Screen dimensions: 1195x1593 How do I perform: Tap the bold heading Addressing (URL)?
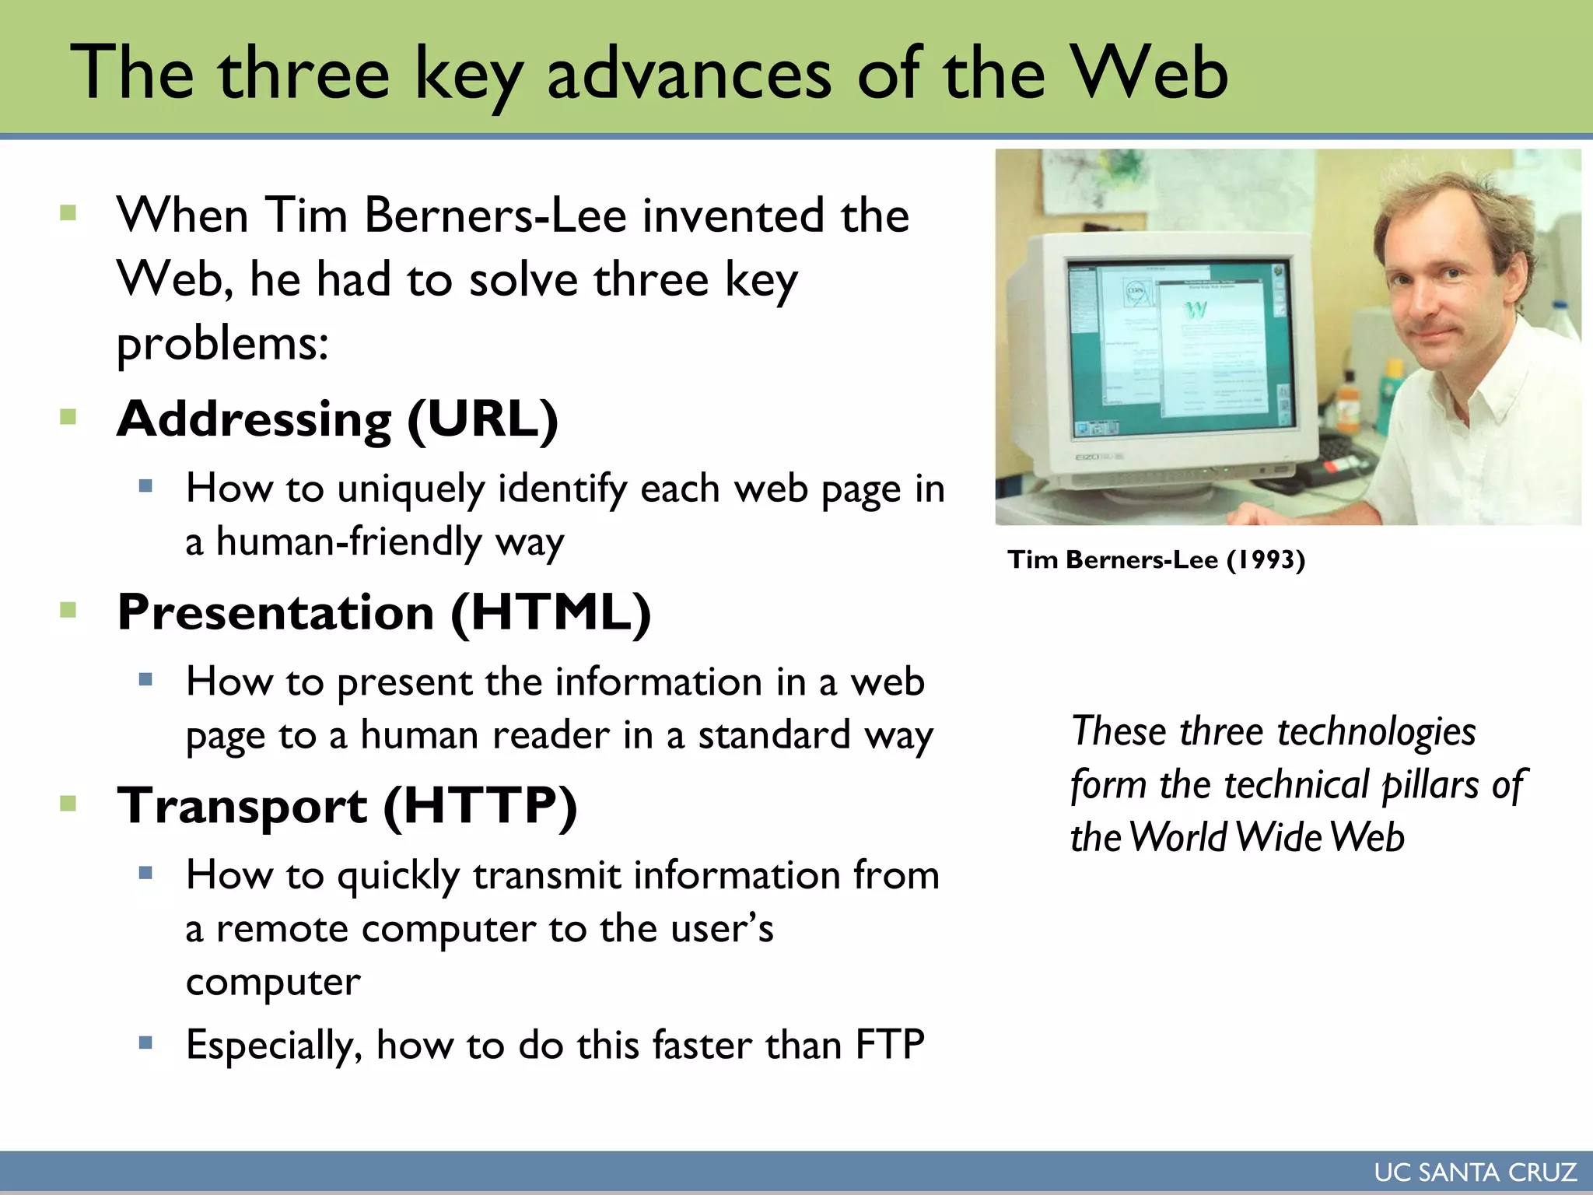pos(337,419)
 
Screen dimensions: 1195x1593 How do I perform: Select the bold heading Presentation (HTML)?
pos(383,612)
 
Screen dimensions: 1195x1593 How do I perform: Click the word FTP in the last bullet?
pos(890,1045)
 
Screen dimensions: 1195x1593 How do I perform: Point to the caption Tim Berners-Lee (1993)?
pos(1156,559)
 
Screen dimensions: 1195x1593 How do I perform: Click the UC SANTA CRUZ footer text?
pos(1475,1172)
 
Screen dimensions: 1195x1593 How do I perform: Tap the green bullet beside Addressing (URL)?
pos(68,417)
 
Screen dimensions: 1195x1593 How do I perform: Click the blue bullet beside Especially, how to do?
pos(145,1043)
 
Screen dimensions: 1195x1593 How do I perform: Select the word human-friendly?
pos(349,541)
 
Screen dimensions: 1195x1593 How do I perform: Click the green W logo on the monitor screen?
pos(1196,310)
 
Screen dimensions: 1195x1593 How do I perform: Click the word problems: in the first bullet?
pos(222,343)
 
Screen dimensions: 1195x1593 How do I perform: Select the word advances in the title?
pos(689,74)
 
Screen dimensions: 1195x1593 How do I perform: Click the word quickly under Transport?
pos(397,877)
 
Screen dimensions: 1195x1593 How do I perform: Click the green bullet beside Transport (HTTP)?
pos(68,803)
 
